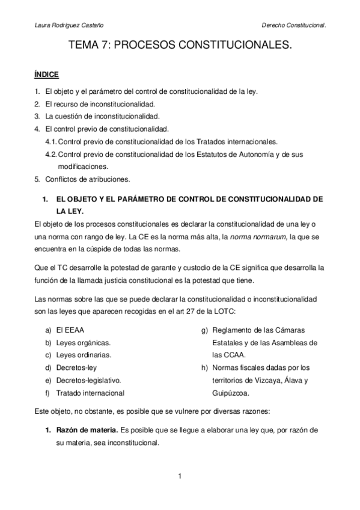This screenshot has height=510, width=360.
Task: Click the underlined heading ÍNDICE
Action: click(45, 75)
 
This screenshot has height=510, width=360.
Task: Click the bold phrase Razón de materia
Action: click(83, 431)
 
